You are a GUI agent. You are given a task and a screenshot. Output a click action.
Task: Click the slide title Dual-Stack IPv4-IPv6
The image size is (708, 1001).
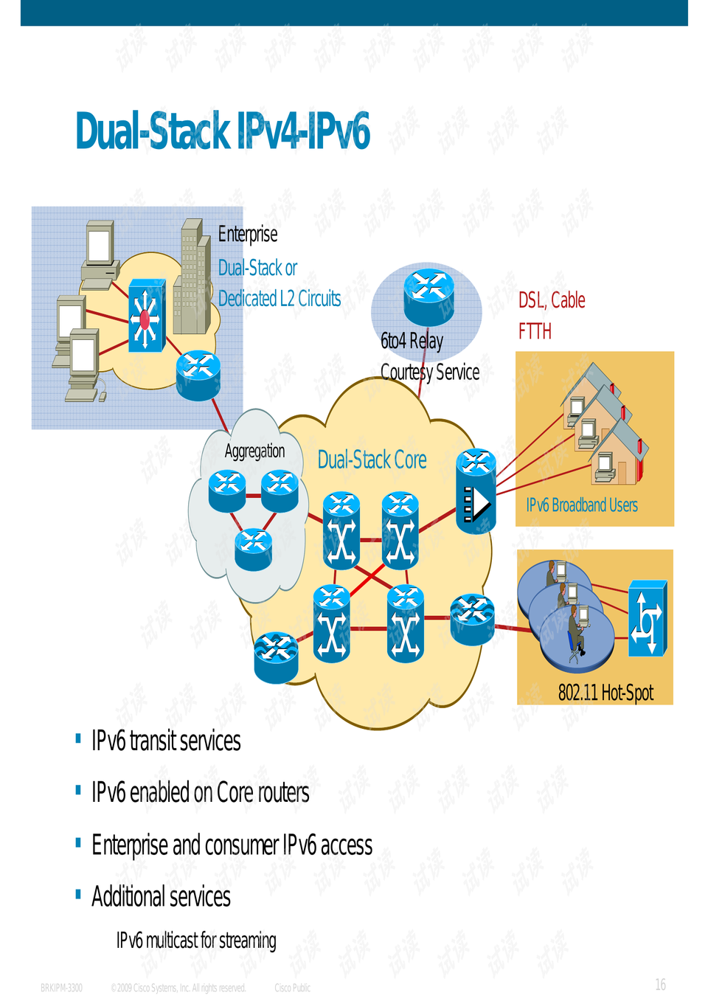pos(222,131)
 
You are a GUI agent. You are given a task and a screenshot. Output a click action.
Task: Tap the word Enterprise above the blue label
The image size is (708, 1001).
pos(248,235)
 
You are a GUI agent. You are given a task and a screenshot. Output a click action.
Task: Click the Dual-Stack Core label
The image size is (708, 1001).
pos(372,460)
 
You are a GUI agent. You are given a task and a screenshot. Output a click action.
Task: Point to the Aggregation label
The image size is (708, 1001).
pos(254,451)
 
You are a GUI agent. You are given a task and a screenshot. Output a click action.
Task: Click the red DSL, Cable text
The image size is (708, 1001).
pos(552,300)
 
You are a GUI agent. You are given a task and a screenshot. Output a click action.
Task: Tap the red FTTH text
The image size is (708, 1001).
pos(535,331)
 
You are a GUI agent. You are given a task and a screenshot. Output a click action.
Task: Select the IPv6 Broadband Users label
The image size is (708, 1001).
pos(582,505)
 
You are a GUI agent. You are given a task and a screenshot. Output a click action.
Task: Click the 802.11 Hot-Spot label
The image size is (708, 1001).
pos(605,693)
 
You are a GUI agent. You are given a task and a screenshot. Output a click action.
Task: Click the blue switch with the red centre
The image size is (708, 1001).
pos(145,316)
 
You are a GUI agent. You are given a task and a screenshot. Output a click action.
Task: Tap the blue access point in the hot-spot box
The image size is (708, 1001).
pos(647,618)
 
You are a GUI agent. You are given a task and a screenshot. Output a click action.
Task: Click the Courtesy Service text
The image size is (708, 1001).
pos(430,372)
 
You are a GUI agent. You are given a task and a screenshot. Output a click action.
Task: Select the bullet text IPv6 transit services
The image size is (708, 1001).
pos(166,741)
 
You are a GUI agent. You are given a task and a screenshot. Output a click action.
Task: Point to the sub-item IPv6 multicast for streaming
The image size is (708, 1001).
pos(196,941)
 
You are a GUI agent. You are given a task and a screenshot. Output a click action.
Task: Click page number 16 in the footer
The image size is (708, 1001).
pos(660,985)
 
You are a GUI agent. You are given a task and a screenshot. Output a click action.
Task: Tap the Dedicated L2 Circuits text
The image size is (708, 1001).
pos(280,299)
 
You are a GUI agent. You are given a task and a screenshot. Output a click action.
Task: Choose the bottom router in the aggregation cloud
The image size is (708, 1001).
pos(253,550)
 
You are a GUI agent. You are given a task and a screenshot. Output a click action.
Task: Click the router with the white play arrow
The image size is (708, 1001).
pos(476,492)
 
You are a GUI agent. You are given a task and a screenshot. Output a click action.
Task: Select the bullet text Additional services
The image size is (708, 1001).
pos(161,897)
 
